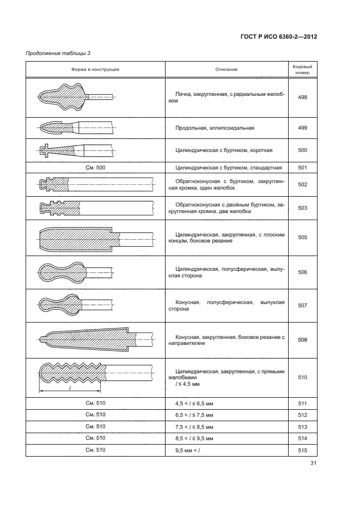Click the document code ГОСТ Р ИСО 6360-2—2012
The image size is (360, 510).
(278, 37)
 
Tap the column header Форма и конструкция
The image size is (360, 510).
(95, 69)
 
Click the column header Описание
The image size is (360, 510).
(226, 69)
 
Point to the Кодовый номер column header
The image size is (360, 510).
(303, 69)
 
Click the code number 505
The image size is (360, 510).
(303, 237)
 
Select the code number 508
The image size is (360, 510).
(303, 339)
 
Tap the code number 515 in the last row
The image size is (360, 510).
(303, 450)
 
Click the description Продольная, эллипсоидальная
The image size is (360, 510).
(215, 128)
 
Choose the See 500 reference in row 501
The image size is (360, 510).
(95, 168)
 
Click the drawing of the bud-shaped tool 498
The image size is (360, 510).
(71, 97)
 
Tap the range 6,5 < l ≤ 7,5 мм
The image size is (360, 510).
(194, 415)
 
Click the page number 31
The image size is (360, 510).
(313, 464)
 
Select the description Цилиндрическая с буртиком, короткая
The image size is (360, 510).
(224, 150)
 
